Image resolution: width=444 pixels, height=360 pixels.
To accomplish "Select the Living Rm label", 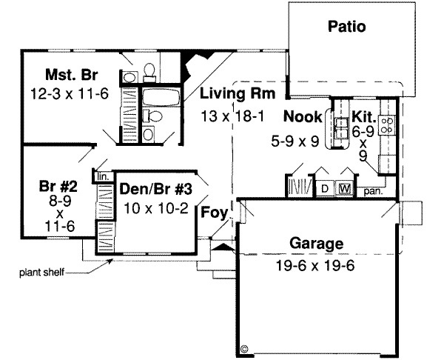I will click(238, 94).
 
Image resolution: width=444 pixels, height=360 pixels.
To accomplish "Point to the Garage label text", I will click(317, 243).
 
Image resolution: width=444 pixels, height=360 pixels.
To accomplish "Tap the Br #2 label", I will click(58, 187).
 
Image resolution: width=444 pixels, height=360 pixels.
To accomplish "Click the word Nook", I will click(303, 116).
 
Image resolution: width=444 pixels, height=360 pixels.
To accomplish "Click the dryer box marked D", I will click(324, 188).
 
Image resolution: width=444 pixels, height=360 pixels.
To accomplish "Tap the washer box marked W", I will click(344, 188).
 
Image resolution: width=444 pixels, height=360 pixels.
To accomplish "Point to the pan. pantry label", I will click(371, 191).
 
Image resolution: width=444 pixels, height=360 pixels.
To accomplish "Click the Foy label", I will click(214, 213).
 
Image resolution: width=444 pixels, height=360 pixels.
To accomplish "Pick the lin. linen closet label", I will click(102, 176).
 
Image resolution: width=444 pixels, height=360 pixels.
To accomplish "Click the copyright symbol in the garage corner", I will click(245, 346).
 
